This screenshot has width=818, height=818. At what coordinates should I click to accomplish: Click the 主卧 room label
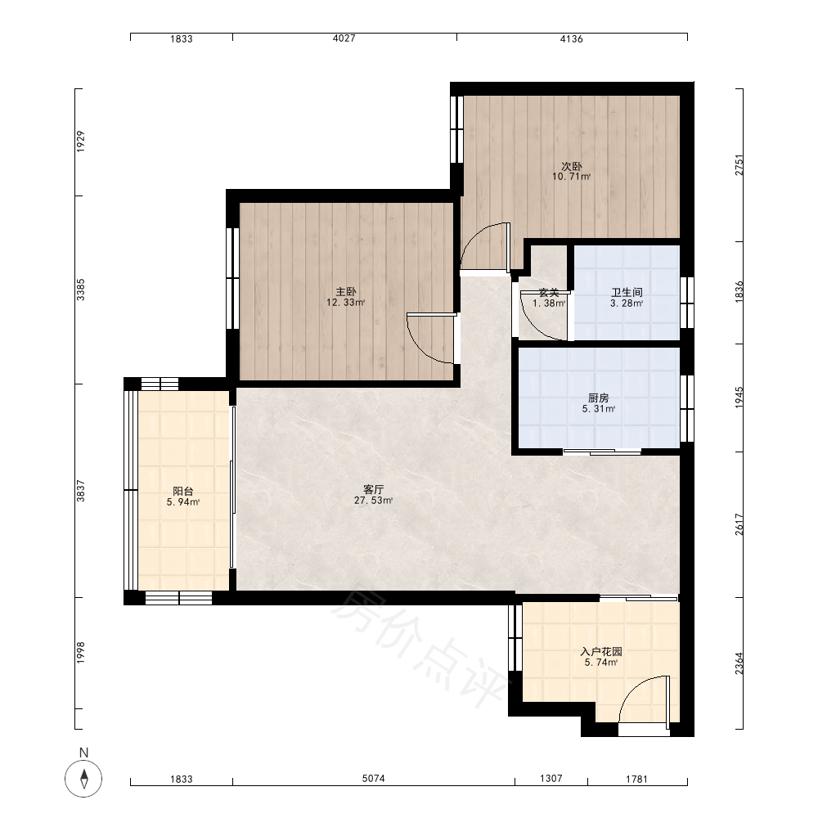tap(346, 291)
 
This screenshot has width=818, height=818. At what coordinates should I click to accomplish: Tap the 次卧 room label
tap(571, 166)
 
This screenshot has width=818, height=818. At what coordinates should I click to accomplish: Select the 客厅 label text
tap(374, 489)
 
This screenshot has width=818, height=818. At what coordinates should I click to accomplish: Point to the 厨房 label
tap(599, 398)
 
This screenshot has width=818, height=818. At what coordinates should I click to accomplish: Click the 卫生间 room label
tap(627, 292)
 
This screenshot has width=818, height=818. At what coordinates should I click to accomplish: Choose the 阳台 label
tap(183, 491)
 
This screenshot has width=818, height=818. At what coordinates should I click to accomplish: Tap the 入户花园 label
tap(601, 652)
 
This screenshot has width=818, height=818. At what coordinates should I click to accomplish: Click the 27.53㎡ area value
tap(374, 501)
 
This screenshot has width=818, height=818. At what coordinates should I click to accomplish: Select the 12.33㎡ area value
tap(346, 302)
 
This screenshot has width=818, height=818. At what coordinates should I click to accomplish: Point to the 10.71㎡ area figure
tap(571, 177)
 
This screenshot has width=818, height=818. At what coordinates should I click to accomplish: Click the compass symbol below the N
tap(83, 779)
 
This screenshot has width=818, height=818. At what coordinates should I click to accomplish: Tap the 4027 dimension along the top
tap(344, 38)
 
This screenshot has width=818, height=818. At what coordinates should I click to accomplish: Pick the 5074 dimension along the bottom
tap(374, 779)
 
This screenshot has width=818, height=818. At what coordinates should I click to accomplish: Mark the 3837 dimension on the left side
tap(80, 491)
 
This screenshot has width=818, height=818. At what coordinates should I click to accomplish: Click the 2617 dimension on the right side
tap(739, 524)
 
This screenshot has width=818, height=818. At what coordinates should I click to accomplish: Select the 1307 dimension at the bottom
tap(551, 779)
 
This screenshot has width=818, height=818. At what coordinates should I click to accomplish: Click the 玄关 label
tap(549, 292)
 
